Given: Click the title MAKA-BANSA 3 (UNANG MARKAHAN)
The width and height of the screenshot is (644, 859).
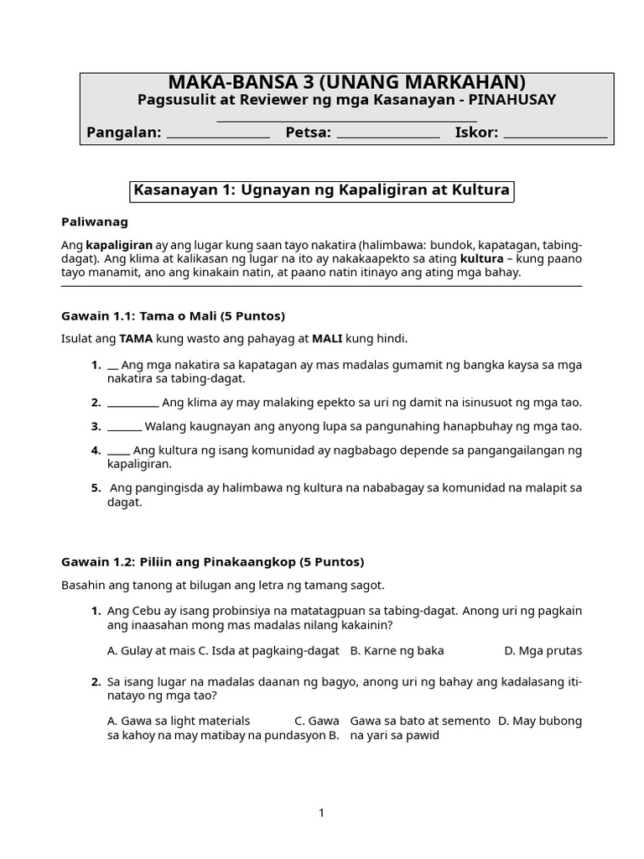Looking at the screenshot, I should [x=347, y=82].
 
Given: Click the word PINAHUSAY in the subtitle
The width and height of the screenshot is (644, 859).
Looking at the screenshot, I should [x=512, y=101].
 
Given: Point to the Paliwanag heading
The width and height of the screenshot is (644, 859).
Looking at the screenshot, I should [x=95, y=222].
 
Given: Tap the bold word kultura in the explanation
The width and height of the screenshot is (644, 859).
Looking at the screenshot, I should [x=481, y=258].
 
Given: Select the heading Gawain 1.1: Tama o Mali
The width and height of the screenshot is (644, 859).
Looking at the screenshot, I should [x=173, y=316].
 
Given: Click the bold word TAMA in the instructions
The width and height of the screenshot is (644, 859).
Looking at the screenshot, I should [x=136, y=339].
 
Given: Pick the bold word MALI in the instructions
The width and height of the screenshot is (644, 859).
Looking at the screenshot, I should [x=328, y=339].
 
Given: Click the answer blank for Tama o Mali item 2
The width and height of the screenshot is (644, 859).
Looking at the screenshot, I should [x=132, y=404].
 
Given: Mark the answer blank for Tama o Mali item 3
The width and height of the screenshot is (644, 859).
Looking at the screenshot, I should [x=124, y=428].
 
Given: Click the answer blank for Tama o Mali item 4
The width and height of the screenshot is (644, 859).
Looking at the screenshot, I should [x=118, y=451].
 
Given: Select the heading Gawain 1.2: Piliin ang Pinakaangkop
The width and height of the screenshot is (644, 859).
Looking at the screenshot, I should [x=212, y=562].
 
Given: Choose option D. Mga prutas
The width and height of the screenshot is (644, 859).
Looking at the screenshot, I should [x=542, y=651].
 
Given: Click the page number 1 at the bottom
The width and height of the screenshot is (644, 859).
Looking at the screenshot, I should [x=321, y=813].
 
